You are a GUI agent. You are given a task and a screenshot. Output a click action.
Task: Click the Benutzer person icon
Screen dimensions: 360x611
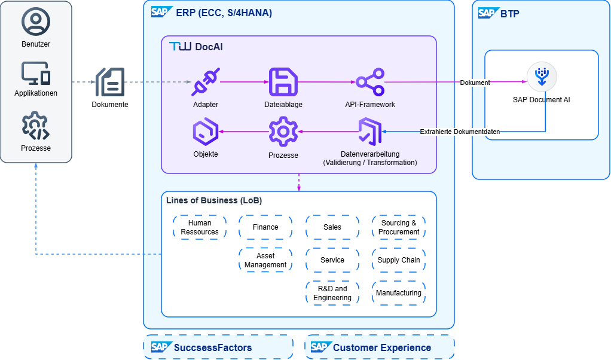click(36, 22)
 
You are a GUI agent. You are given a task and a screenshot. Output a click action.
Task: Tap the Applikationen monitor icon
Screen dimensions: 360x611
click(36, 73)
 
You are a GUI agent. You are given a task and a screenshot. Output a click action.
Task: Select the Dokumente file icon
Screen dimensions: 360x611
click(110, 82)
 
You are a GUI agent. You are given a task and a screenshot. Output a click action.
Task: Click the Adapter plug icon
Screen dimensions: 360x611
click(206, 82)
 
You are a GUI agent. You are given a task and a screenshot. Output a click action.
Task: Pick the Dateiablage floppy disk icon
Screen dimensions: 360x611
click(283, 82)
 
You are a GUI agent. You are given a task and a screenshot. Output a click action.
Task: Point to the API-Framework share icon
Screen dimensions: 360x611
click(370, 82)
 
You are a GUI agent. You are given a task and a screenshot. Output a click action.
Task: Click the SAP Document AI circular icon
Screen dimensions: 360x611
click(542, 77)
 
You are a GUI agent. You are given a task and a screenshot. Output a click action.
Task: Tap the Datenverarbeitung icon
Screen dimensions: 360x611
click(369, 132)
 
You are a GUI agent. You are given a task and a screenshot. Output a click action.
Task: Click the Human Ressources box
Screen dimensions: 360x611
click(200, 228)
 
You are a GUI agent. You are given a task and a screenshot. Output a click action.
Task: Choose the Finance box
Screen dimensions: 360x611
click(265, 227)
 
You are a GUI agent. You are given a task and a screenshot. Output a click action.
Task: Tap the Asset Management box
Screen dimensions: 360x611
click(265, 261)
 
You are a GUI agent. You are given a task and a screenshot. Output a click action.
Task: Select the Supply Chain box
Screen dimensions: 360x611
click(399, 260)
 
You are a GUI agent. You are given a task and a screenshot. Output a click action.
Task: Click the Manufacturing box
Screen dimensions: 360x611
click(399, 293)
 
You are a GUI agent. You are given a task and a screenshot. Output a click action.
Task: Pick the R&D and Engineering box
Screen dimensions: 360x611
click(332, 293)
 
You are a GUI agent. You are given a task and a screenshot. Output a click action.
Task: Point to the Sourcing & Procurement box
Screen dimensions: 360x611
click(399, 228)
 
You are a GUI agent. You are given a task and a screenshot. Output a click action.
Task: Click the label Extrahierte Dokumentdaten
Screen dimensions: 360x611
click(460, 132)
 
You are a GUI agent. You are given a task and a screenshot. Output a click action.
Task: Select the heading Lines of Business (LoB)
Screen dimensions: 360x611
click(214, 200)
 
